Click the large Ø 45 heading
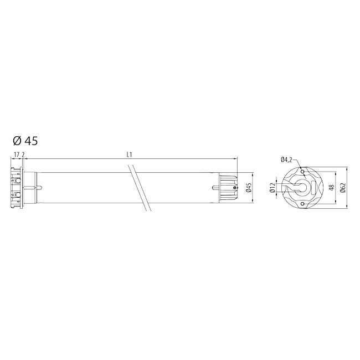(25, 141)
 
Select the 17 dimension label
(17, 155)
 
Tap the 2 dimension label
(23, 155)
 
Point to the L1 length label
(130, 155)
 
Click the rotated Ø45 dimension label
(250, 188)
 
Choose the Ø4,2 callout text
(286, 160)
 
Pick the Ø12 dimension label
(272, 188)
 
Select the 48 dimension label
(331, 188)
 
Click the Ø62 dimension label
(343, 188)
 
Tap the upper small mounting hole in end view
(302, 172)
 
